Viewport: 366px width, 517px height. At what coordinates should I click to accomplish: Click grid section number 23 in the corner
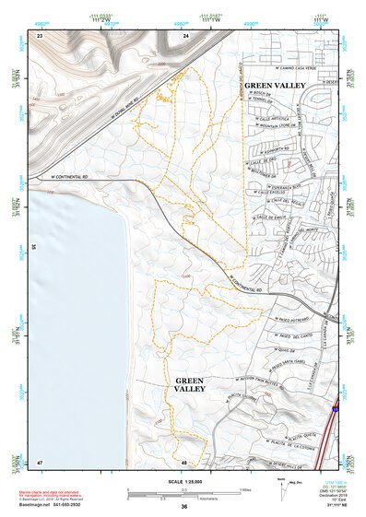coord(40,35)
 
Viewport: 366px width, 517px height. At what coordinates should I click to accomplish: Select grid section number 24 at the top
coord(185,35)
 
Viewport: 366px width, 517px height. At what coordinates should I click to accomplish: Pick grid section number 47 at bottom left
coord(40,461)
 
